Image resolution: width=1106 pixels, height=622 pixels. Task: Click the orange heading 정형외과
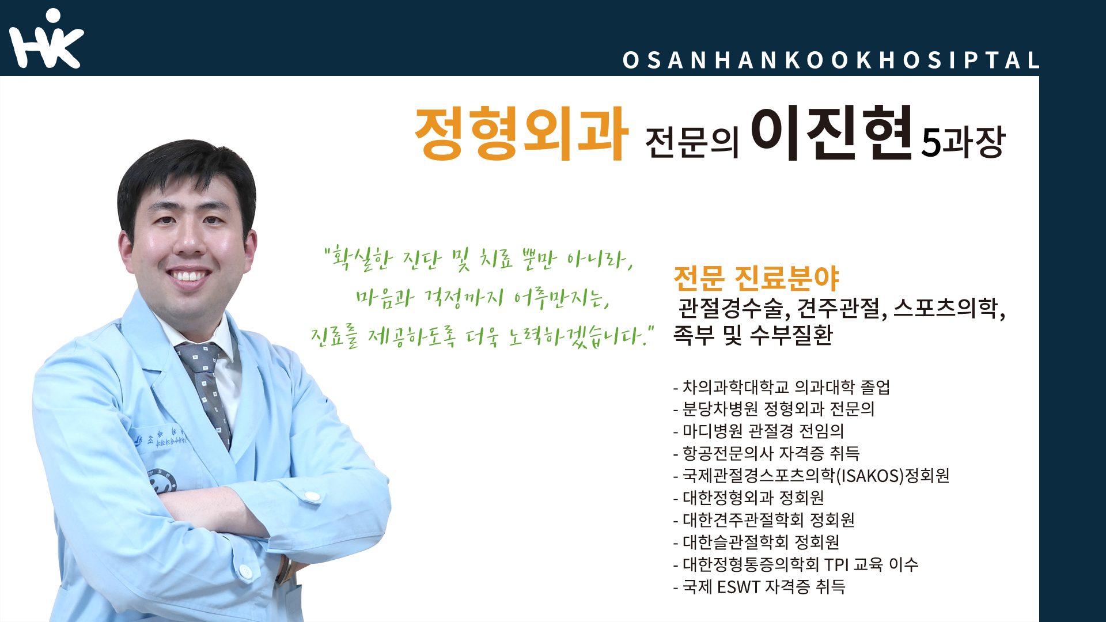521,134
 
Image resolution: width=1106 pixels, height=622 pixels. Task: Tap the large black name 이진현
832,132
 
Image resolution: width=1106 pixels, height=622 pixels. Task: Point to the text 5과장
963,141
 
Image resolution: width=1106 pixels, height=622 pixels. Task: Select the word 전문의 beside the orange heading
692,142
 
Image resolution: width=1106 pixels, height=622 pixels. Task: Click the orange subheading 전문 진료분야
756,279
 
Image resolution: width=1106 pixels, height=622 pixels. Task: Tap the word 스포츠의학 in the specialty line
945,308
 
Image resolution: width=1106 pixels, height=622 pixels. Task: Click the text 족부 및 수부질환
753,335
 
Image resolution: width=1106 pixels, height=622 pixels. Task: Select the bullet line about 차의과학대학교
782,387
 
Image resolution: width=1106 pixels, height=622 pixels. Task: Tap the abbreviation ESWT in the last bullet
738,587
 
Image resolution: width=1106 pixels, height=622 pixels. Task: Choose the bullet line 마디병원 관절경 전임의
759,431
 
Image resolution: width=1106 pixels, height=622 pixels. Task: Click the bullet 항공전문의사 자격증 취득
766,453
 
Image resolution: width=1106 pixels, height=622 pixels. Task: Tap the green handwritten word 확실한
362,260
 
